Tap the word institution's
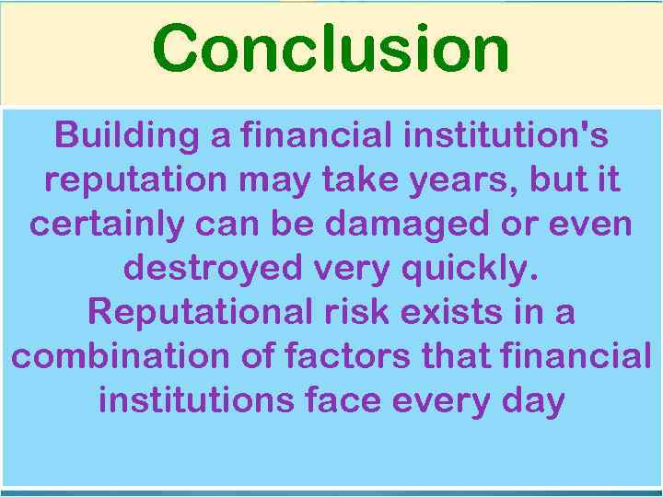(505, 136)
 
